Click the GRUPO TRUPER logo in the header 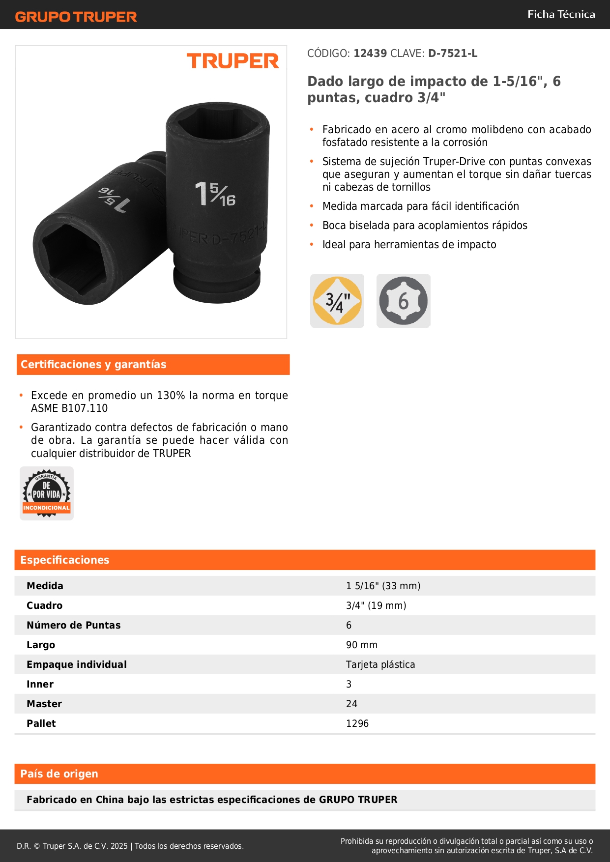(76, 17)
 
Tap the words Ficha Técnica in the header (561, 15)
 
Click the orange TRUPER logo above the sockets (232, 61)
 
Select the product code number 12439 (370, 54)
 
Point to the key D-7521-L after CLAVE (453, 54)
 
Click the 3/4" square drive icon (337, 301)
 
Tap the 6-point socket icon (404, 301)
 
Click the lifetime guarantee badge (47, 493)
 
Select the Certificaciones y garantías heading (93, 365)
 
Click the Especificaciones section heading (65, 560)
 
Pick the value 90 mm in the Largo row (362, 645)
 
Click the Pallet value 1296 (357, 723)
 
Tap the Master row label (44, 704)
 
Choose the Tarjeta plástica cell (380, 664)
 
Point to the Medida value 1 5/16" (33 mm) (383, 586)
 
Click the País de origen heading (59, 774)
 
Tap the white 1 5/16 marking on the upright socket (215, 194)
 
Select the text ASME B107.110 (69, 408)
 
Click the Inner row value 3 (349, 684)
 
